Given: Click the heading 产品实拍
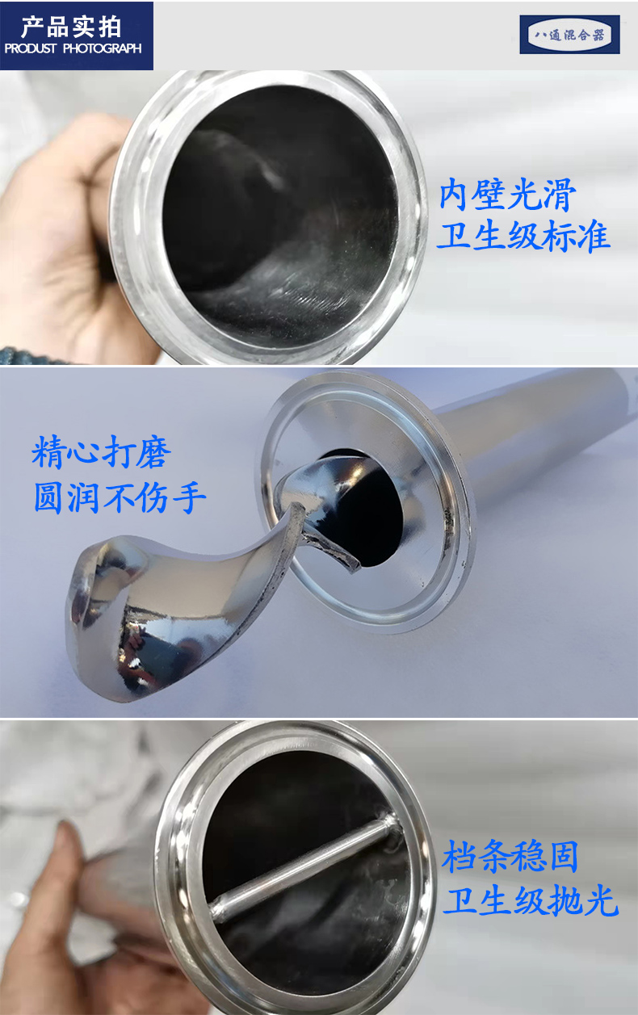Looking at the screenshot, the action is (x=71, y=27).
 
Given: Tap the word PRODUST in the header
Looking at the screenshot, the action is (x=31, y=48).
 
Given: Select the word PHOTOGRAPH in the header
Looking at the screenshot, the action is (x=103, y=48).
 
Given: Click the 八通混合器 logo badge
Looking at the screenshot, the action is (x=569, y=35).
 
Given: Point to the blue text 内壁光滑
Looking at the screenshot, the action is (x=508, y=195).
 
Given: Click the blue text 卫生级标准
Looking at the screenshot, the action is (x=523, y=236).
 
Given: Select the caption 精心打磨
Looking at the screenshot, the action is (x=102, y=451).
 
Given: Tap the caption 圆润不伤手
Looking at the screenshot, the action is (x=120, y=497).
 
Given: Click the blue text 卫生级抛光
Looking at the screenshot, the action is (x=530, y=900).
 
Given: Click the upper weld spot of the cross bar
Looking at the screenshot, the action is (x=391, y=821).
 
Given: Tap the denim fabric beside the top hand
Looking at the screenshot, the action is (x=27, y=356).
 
